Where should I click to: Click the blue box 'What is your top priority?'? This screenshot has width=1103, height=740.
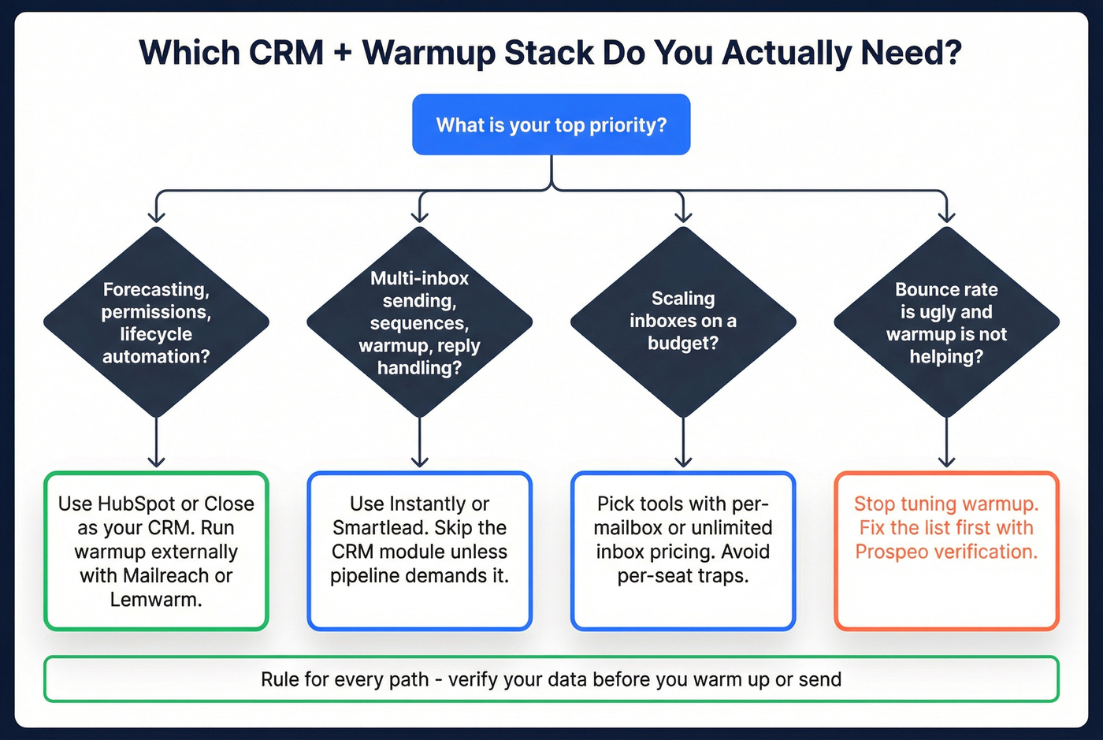pos(551,125)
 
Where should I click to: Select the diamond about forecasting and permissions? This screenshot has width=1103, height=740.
pos(156,322)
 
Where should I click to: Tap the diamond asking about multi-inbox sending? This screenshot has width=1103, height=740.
pos(420,322)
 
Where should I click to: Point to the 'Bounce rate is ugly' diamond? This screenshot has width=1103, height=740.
pos(946,322)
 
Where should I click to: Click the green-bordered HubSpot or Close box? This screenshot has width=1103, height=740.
pos(156,551)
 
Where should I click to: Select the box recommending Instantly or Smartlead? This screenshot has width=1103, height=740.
pos(420,551)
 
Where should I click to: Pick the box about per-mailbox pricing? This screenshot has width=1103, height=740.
pos(683,551)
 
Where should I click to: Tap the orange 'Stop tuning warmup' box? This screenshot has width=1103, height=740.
pos(946,551)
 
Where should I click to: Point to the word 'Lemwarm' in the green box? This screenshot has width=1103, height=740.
pos(154,600)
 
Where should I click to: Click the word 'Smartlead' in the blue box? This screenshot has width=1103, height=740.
pos(380,528)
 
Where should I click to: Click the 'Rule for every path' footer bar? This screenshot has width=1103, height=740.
pos(551,679)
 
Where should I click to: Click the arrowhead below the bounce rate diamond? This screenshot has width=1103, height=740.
pos(946,460)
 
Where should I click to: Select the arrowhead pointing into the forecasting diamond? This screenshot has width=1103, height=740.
pos(156,216)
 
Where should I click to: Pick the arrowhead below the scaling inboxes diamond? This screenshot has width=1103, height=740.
pos(683,460)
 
